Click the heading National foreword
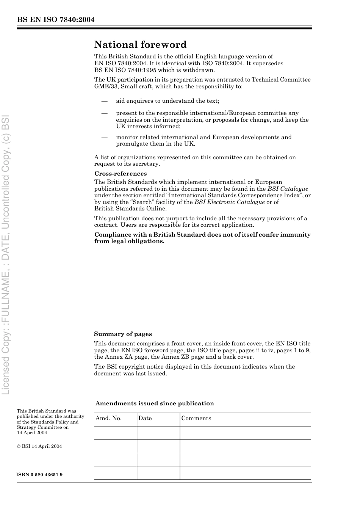[x=140, y=45]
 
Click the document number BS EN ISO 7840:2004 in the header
[x=56, y=20]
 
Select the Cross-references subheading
[x=121, y=174]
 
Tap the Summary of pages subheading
[x=123, y=334]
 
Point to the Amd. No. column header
[x=108, y=418]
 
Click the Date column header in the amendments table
[x=145, y=418]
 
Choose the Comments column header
[x=196, y=418]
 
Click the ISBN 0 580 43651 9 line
[x=39, y=475]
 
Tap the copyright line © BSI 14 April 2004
[x=39, y=446]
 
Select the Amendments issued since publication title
[x=155, y=403]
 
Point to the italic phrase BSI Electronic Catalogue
[x=230, y=202]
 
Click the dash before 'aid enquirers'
[x=104, y=101]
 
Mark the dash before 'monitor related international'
[x=104, y=137]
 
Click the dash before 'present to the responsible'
[x=104, y=113]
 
